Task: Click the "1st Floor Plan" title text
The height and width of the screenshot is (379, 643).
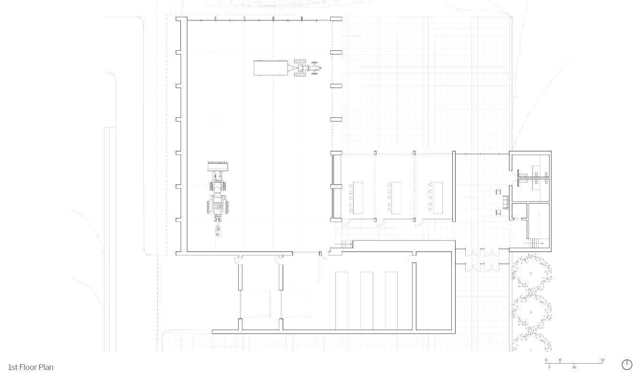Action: point(31,367)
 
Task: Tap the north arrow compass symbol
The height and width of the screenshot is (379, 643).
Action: point(627,365)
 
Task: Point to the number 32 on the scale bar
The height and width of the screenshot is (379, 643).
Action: point(603,360)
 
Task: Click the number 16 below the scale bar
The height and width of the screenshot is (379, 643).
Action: point(574,367)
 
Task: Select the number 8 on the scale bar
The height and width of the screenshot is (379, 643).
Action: point(560,360)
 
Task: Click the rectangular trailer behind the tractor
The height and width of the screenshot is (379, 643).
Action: point(271,68)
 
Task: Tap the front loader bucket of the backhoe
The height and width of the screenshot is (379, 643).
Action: point(218,167)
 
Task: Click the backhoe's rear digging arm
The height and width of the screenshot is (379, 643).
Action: point(218,225)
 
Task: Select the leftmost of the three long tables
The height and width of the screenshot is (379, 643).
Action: point(358,198)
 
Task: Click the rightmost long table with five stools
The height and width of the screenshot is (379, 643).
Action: point(438,198)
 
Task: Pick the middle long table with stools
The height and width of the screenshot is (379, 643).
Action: point(396,198)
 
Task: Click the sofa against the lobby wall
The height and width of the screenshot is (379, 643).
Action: point(505,202)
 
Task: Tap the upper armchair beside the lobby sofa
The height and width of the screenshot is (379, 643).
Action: point(498,192)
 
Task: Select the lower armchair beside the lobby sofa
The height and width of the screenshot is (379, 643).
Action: point(498,213)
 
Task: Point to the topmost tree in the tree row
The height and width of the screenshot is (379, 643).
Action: point(532,273)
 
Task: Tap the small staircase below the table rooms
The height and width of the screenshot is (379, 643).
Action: point(345,244)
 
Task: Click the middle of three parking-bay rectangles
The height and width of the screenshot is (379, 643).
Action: point(367,300)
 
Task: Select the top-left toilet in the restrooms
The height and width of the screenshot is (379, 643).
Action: point(537,174)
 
